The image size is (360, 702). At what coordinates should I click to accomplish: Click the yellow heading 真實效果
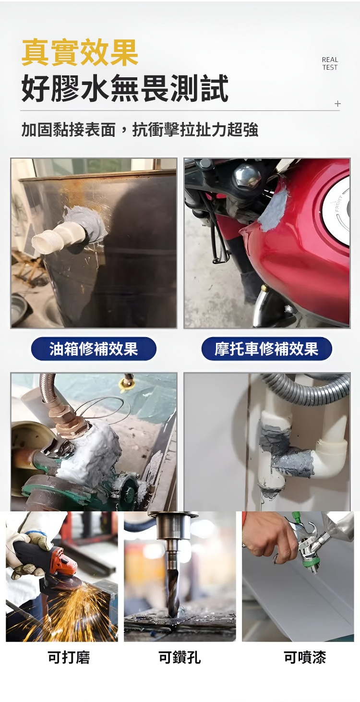80,52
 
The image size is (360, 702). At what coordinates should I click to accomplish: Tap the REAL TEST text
330,63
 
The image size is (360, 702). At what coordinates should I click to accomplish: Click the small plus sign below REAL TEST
337,103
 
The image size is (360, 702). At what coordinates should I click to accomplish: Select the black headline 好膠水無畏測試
125,88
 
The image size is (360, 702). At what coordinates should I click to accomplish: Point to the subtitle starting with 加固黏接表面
140,130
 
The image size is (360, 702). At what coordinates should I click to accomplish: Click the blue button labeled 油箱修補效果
94,349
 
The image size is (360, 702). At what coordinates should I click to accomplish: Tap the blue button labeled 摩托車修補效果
266,349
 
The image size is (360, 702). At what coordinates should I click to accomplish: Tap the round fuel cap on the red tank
337,206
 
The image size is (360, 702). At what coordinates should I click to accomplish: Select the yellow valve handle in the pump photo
125,384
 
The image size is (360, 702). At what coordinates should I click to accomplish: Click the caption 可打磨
69,657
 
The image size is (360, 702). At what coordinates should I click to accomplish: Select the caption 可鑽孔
180,657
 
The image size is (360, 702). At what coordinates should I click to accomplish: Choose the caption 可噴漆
305,657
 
